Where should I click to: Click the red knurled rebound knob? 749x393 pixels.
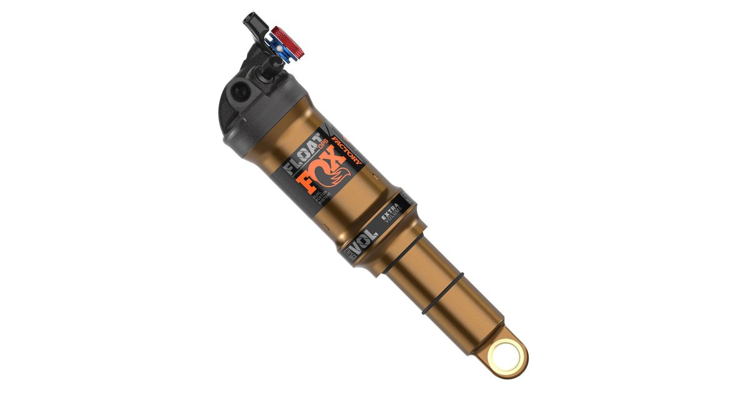tap(287, 42)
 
